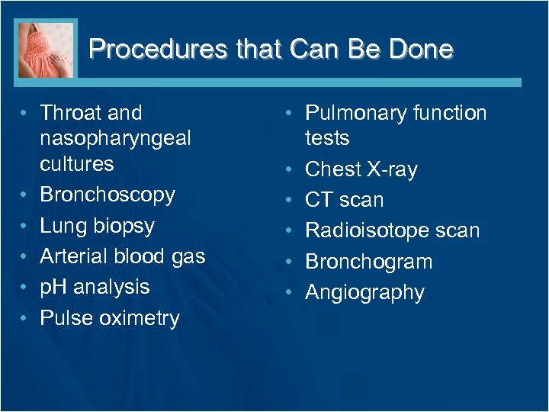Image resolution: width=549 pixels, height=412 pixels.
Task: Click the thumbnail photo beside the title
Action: (x=46, y=50)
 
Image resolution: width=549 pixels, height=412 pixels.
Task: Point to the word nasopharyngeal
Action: (x=115, y=139)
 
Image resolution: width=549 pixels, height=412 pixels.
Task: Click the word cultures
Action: (x=76, y=164)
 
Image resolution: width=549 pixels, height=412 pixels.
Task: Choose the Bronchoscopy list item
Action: (x=108, y=195)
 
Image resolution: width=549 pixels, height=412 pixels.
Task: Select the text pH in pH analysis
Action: (x=53, y=288)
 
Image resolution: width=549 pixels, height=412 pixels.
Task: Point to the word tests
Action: (x=327, y=139)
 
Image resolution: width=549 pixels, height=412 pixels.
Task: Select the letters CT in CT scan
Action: (x=319, y=201)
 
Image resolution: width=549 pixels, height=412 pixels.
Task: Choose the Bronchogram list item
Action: (x=368, y=262)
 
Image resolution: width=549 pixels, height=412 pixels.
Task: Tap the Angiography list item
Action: (x=364, y=293)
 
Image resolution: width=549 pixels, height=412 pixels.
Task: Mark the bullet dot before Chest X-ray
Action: (x=291, y=169)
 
